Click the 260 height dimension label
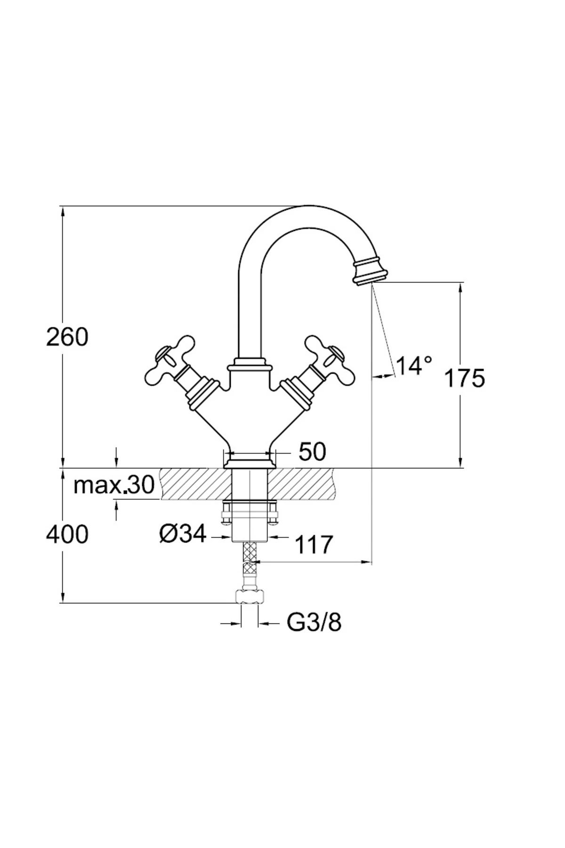point(67,337)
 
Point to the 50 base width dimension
point(312,452)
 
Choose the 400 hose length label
point(67,534)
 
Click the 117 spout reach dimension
point(314,545)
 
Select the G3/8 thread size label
point(314,623)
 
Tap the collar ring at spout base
point(250,364)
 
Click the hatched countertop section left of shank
point(195,483)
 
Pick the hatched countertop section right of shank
point(304,483)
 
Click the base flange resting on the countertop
point(249,464)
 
